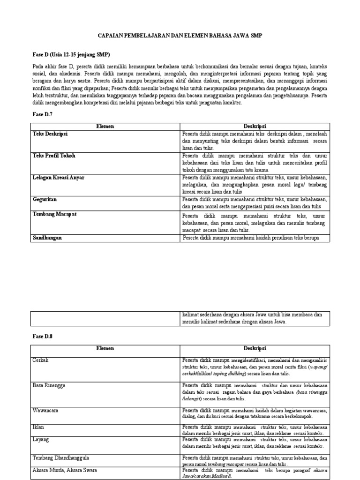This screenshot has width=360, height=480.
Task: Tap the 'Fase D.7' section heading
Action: click(43, 114)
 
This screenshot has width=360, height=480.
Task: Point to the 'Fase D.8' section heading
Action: click(43, 337)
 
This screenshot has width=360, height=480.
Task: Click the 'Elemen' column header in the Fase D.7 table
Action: click(105, 127)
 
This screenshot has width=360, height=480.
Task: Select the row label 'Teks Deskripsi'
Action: click(50, 134)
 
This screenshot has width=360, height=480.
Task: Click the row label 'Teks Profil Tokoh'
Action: click(54, 156)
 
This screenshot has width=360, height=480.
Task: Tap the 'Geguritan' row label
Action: click(45, 199)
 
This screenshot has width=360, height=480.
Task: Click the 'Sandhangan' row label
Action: click(47, 238)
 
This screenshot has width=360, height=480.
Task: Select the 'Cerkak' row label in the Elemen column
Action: click(40, 360)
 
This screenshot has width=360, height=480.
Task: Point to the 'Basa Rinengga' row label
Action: click(49, 385)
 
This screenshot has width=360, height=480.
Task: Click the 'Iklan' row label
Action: click(38, 427)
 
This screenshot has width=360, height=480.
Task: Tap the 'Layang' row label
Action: click(40, 440)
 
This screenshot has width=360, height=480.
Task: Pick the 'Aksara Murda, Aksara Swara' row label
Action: click(65, 470)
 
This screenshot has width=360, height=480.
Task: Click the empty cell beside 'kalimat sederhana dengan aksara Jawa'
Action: click(105, 318)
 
